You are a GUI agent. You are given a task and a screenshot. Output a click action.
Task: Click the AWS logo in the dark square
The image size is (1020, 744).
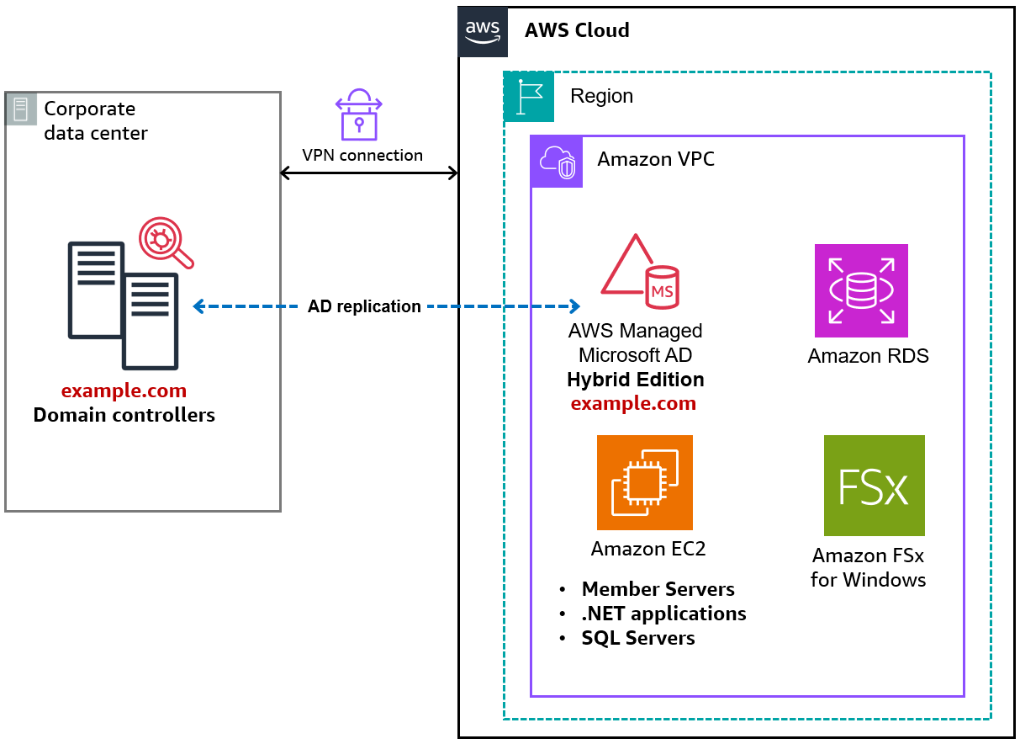(x=483, y=31)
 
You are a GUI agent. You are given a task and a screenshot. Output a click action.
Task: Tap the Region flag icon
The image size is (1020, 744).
(x=529, y=97)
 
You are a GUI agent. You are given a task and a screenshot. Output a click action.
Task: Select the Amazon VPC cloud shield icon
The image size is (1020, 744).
(x=557, y=162)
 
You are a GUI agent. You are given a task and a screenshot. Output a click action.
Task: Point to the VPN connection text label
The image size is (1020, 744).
(x=362, y=155)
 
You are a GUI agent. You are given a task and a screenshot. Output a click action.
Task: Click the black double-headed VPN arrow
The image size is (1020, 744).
(x=368, y=173)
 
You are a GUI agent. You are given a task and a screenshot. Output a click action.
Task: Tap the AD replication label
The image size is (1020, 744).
(x=364, y=306)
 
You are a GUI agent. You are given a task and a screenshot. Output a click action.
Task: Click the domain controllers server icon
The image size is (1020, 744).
(x=124, y=305)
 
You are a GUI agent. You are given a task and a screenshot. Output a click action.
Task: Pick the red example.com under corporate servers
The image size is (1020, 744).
(x=124, y=391)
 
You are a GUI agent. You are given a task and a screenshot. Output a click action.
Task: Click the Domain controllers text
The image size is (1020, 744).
(x=124, y=415)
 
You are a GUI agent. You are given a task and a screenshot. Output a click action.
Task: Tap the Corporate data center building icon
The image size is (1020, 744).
(x=21, y=109)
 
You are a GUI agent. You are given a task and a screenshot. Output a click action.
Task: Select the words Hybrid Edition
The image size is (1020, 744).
(x=636, y=380)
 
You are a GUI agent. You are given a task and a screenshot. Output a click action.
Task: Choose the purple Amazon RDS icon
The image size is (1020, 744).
(x=861, y=290)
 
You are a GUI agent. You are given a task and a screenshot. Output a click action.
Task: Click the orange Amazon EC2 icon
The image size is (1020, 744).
(x=644, y=482)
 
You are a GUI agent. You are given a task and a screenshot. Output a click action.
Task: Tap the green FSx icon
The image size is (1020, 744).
(x=874, y=486)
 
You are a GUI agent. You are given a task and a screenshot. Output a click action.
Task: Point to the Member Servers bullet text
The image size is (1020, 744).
(x=658, y=589)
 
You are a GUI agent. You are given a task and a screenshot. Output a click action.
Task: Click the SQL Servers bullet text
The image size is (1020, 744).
(x=637, y=638)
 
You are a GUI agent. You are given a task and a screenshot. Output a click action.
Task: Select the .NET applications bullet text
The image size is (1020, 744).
(x=663, y=614)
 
